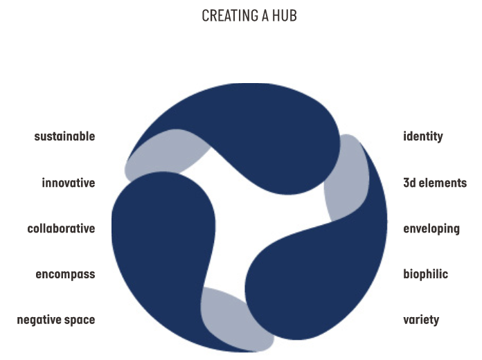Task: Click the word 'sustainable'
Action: (64, 136)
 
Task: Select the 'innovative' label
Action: (68, 183)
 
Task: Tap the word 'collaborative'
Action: (61, 228)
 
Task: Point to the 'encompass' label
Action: (65, 274)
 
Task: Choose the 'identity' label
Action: (422, 136)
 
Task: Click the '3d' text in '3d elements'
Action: (410, 183)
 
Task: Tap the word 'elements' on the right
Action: (444, 183)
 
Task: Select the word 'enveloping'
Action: (431, 228)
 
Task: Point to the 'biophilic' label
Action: (425, 274)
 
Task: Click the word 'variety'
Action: (421, 320)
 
